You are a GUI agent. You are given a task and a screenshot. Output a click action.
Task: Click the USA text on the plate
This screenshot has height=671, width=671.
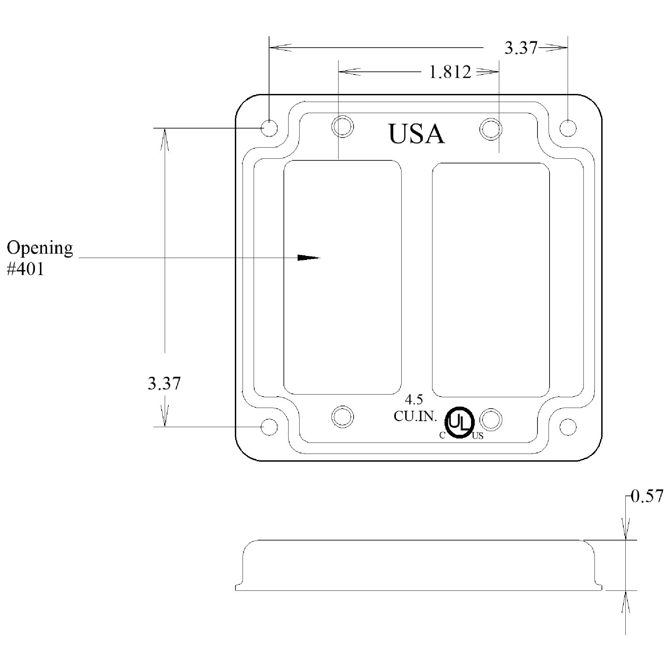tap(416, 134)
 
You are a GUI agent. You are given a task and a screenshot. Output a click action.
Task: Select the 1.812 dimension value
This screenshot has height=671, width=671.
tap(450, 72)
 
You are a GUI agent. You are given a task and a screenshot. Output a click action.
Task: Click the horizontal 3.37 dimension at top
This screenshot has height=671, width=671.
tap(521, 48)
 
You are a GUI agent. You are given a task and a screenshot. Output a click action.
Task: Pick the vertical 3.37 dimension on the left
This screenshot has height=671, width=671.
tap(164, 384)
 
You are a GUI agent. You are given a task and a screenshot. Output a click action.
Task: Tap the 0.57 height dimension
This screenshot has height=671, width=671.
tap(647, 496)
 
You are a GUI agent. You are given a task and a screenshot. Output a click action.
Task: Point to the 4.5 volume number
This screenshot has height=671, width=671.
tap(414, 400)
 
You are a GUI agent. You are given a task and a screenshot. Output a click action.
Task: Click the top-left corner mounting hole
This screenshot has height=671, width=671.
tap(269, 128)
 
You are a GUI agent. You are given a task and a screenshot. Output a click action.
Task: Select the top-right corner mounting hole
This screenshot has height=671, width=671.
tap(568, 128)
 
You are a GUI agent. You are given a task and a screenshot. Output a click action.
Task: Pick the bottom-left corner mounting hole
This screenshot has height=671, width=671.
tap(269, 427)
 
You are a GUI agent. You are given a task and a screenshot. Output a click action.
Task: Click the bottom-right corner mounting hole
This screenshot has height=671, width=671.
tap(568, 427)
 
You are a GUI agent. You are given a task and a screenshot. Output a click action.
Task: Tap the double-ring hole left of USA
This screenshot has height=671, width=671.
tap(343, 126)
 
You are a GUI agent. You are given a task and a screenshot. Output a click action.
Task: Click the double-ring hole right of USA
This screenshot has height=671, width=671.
tap(491, 129)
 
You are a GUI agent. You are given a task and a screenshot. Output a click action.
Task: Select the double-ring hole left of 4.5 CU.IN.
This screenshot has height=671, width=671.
tap(343, 416)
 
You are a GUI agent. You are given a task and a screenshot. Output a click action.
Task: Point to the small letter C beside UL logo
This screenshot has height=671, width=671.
tap(442, 435)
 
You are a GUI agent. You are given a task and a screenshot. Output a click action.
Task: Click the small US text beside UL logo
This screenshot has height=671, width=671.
tap(478, 436)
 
